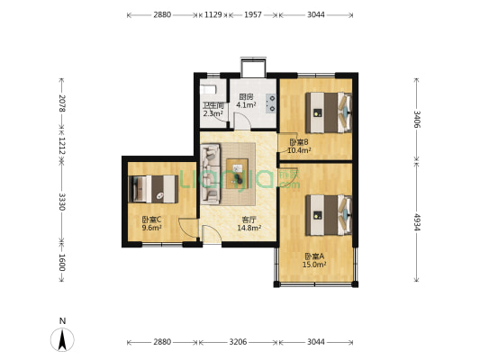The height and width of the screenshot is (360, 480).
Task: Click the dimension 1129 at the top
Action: pos(213,14)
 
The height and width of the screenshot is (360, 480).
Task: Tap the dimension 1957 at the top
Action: pos(253,14)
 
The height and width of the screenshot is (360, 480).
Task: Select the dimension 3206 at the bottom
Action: pos(238,342)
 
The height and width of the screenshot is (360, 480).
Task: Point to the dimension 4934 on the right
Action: pos(417,222)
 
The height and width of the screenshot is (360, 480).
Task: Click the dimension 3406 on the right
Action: pos(417,120)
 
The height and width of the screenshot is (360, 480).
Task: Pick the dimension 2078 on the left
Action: pos(62,103)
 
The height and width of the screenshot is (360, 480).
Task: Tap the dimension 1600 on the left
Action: pos(62,262)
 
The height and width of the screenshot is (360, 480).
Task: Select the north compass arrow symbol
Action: pos(62,339)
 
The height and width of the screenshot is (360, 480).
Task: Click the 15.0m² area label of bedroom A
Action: pos(314,265)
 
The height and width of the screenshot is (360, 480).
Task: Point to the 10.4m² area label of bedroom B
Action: pos(299,150)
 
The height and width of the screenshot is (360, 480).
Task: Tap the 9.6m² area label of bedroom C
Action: pos(152,228)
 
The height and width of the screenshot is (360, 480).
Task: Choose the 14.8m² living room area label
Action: pos(249,228)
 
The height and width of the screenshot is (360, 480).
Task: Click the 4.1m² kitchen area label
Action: pos(246,105)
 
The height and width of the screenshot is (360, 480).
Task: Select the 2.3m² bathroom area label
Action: pos(213,113)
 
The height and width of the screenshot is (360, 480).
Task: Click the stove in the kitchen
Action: pos(271,103)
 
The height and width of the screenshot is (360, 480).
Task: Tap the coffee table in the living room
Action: pos(237,174)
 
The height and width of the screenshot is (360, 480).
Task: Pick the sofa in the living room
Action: pos(211,174)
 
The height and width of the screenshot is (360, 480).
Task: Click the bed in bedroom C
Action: pos(153,189)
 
